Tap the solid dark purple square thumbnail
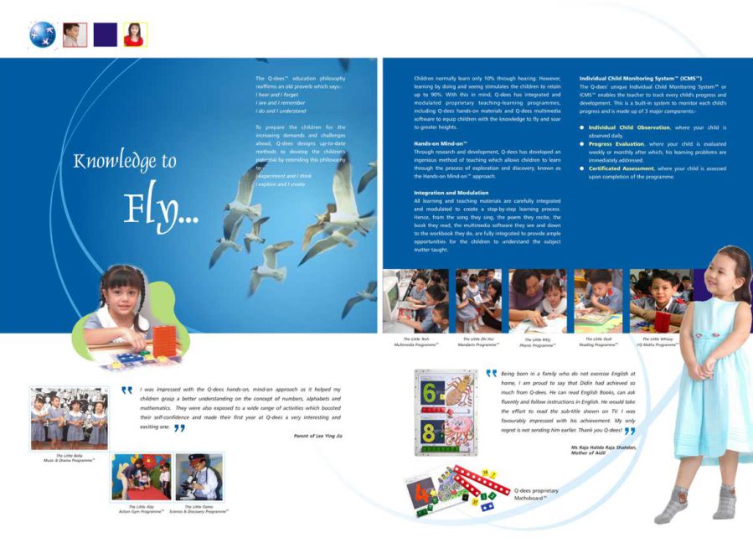pos(105,34)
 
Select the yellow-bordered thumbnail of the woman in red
pos(135,34)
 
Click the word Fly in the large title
pos(159,208)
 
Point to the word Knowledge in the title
pos(114,161)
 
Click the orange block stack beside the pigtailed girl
pos(164,341)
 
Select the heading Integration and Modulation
pos(451,193)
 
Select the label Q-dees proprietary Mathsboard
pos(536,494)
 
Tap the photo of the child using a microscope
pos(199,477)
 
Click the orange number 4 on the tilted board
pos(422,495)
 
